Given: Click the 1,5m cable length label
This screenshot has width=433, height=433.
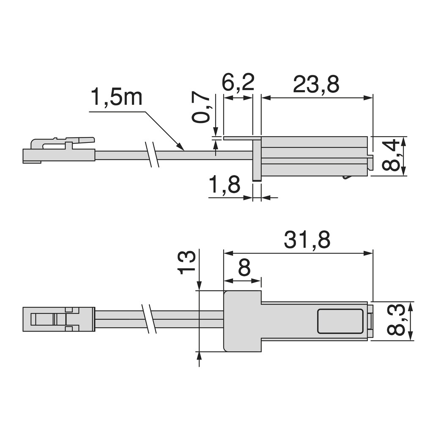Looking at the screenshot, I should (x=117, y=98).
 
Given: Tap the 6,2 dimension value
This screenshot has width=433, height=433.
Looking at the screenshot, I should (x=238, y=83).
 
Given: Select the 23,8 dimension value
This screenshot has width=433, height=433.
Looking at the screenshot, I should (x=316, y=85).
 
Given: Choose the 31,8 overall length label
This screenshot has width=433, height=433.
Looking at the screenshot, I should (x=307, y=240).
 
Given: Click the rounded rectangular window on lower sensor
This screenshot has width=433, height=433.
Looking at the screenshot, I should (x=340, y=321).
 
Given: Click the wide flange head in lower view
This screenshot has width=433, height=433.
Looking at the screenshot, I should (x=242, y=321).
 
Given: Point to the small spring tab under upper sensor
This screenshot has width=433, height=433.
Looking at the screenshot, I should (x=346, y=177).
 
